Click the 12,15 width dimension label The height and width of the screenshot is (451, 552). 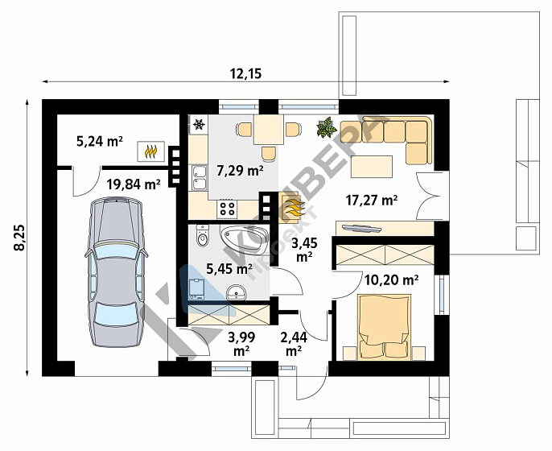click(x=245, y=73)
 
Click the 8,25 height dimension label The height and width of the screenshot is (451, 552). click(x=19, y=238)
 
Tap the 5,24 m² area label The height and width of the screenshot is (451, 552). click(x=100, y=141)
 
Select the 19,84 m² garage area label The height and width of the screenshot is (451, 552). click(x=134, y=184)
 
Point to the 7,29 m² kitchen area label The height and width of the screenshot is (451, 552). click(x=240, y=171)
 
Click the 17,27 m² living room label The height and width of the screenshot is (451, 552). click(x=372, y=201)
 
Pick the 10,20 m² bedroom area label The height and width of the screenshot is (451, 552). click(x=391, y=280)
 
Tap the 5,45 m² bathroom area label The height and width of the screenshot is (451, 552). click(x=229, y=269)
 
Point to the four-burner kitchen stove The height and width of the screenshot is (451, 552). click(x=228, y=209)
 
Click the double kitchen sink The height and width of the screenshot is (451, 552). click(x=199, y=178)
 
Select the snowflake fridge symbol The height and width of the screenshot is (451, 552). click(x=200, y=124)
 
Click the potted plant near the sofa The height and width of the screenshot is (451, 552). click(x=327, y=127)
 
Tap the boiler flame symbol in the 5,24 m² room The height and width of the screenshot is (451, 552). click(x=151, y=151)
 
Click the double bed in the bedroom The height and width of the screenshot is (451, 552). click(x=385, y=327)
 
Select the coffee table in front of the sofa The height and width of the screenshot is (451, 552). click(x=372, y=167)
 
